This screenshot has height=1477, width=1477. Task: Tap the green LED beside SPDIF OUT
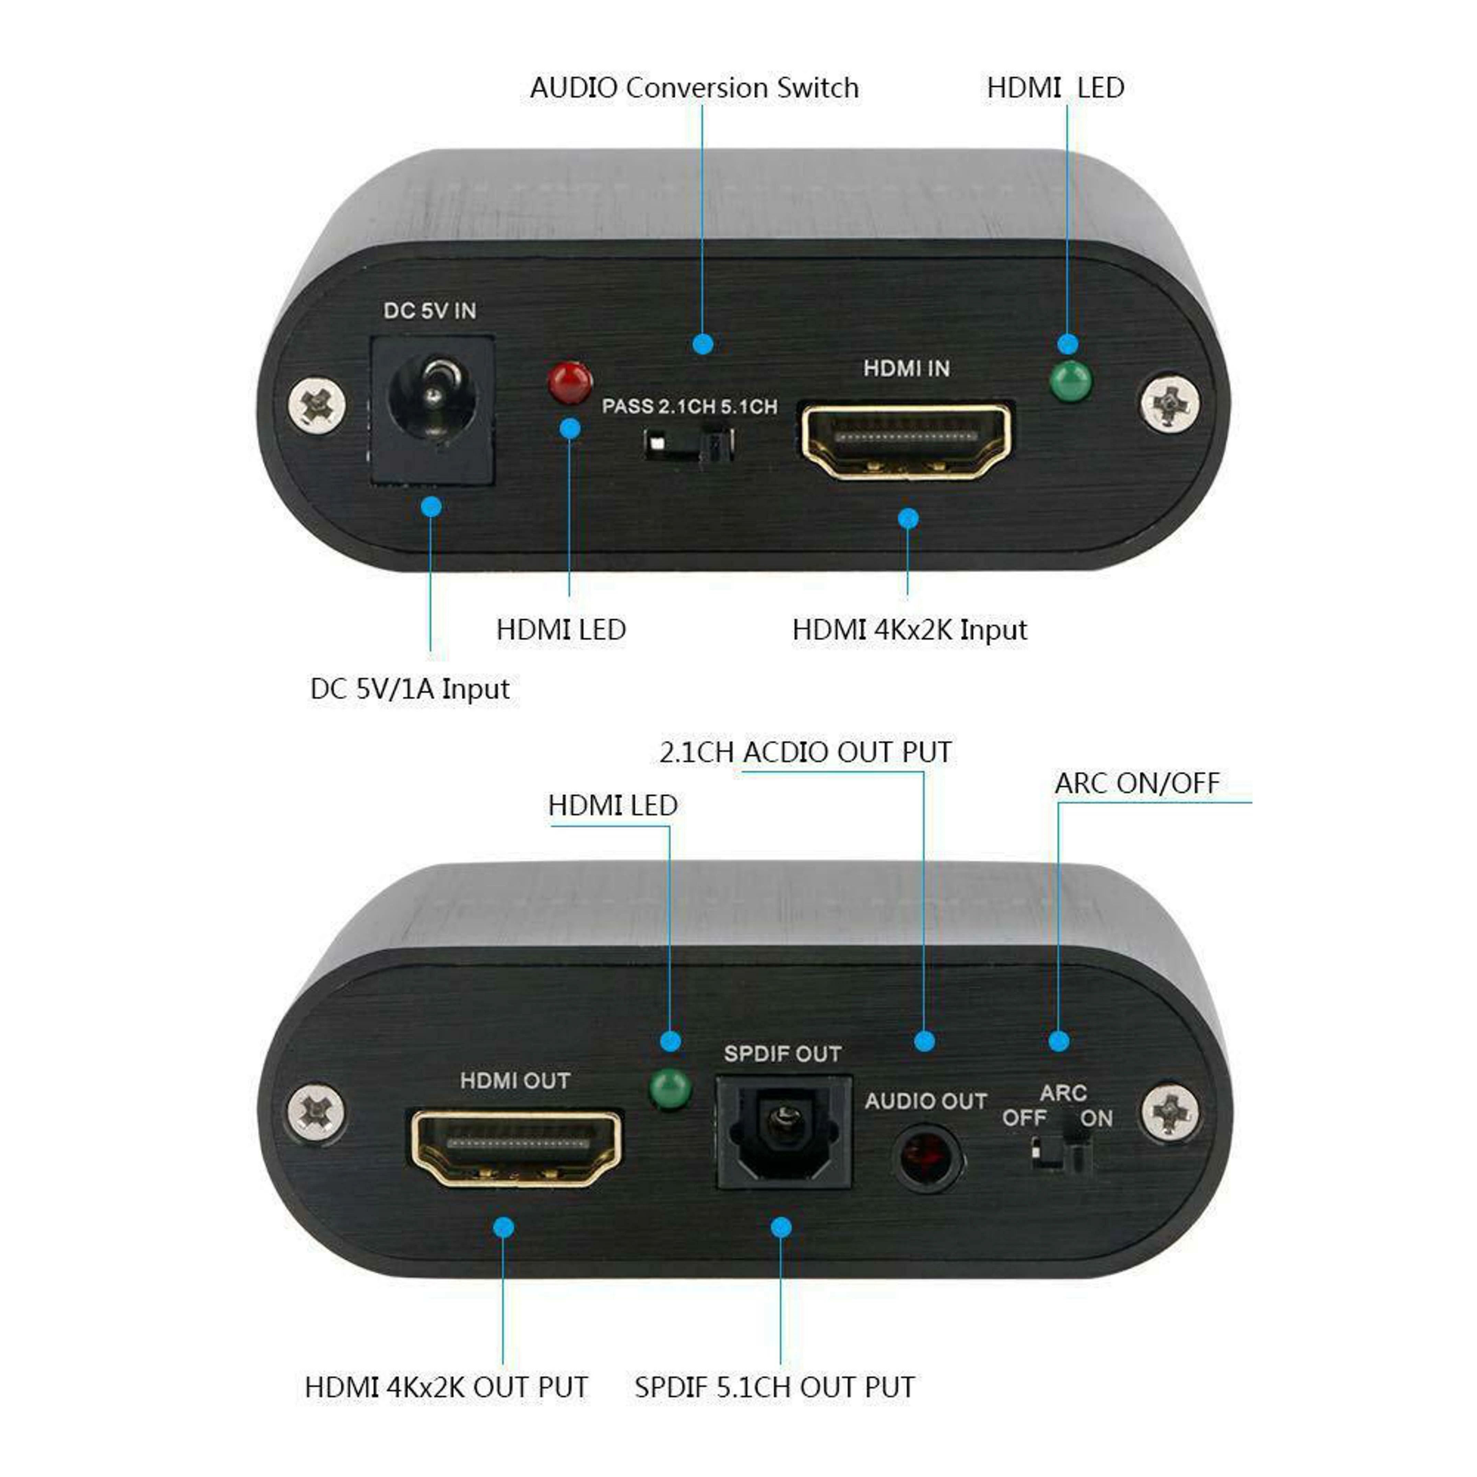tap(670, 1088)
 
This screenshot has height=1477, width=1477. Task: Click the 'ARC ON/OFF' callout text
tap(1137, 783)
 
